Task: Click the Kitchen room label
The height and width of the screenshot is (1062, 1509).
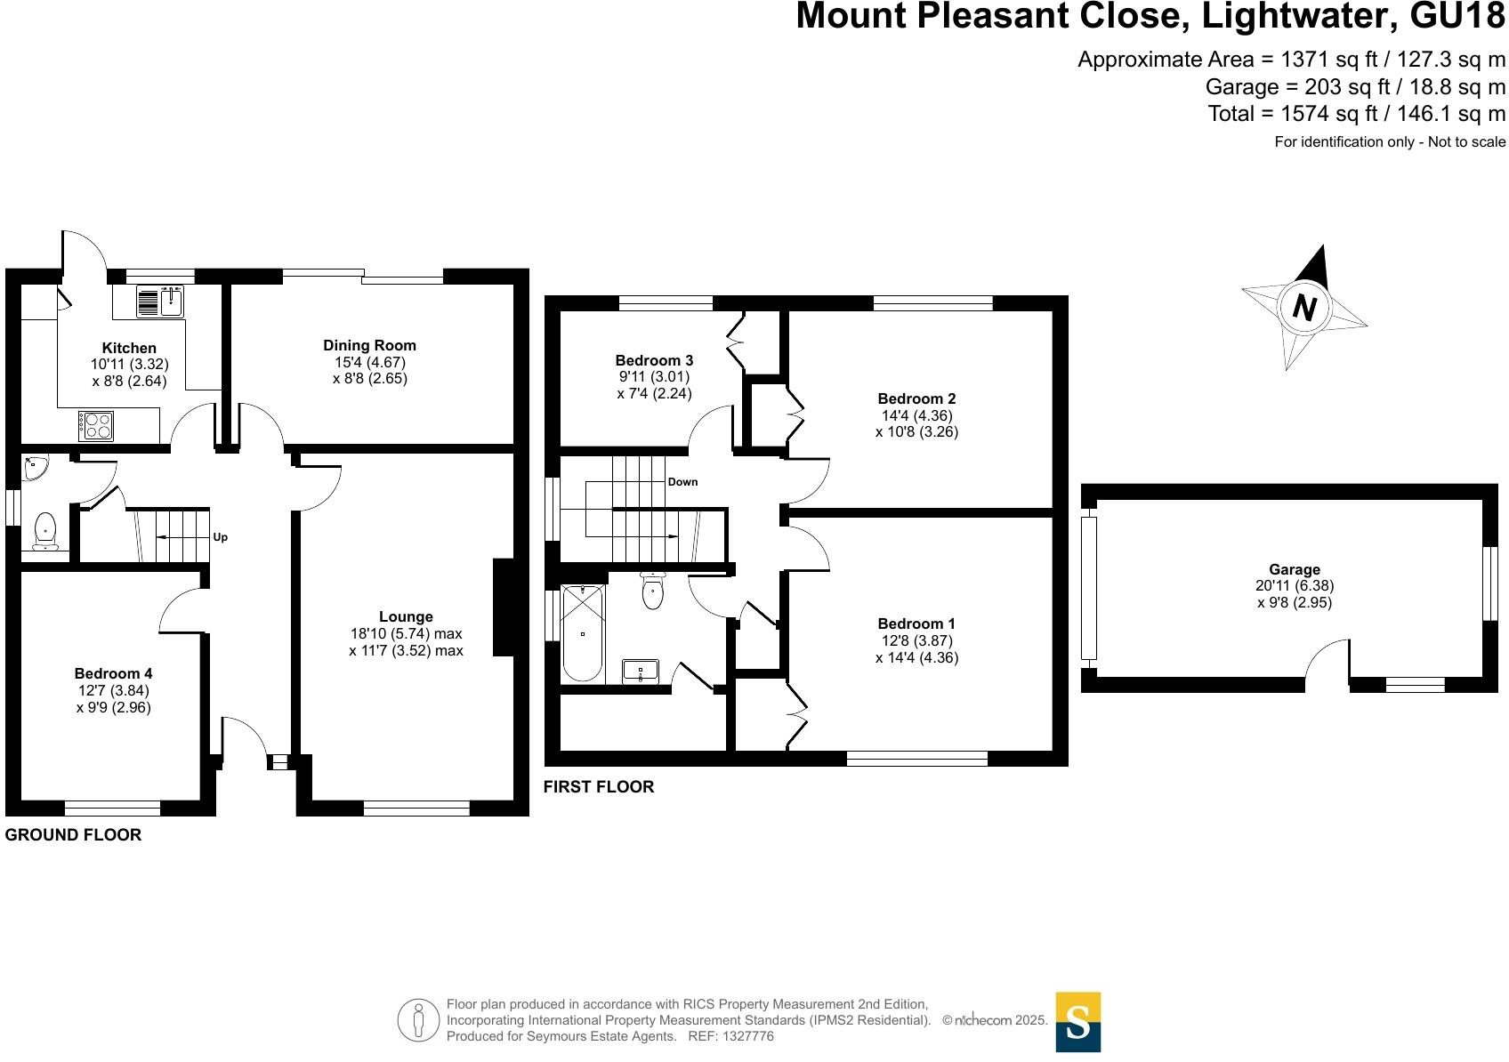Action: point(129,348)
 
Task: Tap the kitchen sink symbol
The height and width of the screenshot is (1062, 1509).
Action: point(160,302)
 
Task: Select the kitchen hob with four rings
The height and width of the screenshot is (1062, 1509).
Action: point(95,424)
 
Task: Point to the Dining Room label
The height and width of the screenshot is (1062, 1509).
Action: point(369,345)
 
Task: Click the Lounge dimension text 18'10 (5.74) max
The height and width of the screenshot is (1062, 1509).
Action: point(406,634)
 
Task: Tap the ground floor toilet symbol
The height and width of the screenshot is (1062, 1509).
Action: point(44,532)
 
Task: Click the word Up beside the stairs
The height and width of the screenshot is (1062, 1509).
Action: point(220,537)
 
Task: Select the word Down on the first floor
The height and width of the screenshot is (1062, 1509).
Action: point(682,482)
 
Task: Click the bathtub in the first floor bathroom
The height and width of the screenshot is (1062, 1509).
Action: point(583,632)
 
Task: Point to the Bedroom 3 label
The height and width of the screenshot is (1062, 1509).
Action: point(654,360)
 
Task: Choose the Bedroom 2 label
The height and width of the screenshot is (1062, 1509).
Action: point(916,398)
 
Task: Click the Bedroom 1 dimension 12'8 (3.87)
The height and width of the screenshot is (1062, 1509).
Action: point(916,640)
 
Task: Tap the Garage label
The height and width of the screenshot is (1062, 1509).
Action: point(1294,569)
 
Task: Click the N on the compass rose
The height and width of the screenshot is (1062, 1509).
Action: point(1303,308)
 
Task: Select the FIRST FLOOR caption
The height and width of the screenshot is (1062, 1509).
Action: point(599,786)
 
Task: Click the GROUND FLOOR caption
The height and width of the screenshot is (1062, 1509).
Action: point(73,834)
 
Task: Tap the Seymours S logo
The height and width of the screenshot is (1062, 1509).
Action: point(1077,1021)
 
